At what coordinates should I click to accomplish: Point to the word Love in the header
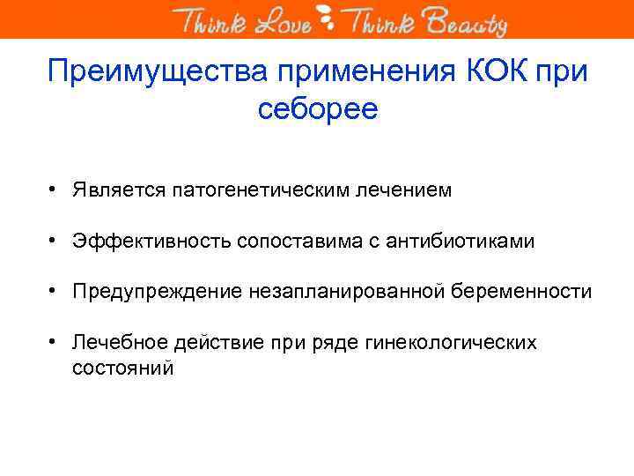tap(283, 21)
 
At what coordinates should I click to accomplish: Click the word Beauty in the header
tap(467, 21)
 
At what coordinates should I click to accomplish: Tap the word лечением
tap(407, 190)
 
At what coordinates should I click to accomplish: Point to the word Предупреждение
tap(155, 291)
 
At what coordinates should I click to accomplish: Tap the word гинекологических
tap(461, 342)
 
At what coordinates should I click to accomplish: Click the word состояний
tap(122, 368)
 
